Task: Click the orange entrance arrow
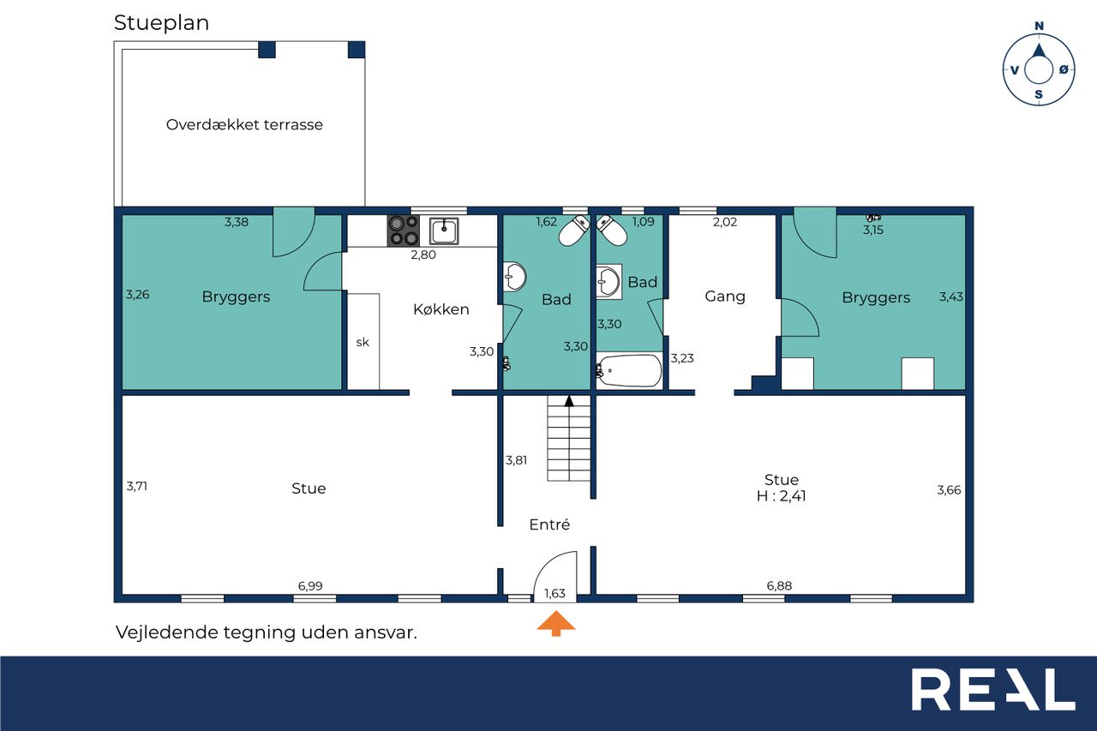click(556, 623)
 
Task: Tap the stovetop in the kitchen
click(404, 231)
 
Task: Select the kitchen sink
click(444, 231)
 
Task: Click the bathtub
click(629, 370)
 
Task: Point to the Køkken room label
click(441, 309)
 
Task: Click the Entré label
click(549, 524)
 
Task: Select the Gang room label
click(725, 297)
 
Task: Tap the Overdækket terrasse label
click(244, 124)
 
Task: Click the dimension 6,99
click(310, 585)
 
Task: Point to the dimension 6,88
click(779, 585)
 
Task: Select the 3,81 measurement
click(516, 459)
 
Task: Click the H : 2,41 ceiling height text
click(781, 496)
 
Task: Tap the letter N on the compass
click(1039, 26)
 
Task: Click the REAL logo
click(993, 690)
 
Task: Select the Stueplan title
click(162, 23)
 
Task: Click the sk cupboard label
click(363, 342)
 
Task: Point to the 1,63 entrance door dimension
click(554, 593)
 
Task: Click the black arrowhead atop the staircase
click(568, 401)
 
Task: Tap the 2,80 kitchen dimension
click(423, 255)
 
